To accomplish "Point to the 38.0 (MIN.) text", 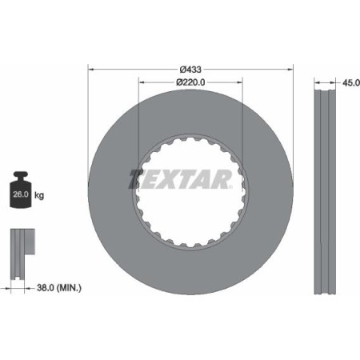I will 58,286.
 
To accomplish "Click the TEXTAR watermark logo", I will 180,177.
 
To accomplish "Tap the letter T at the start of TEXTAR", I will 136,177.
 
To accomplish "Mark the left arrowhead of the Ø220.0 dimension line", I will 142,81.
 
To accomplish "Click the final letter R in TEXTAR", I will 225,177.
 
